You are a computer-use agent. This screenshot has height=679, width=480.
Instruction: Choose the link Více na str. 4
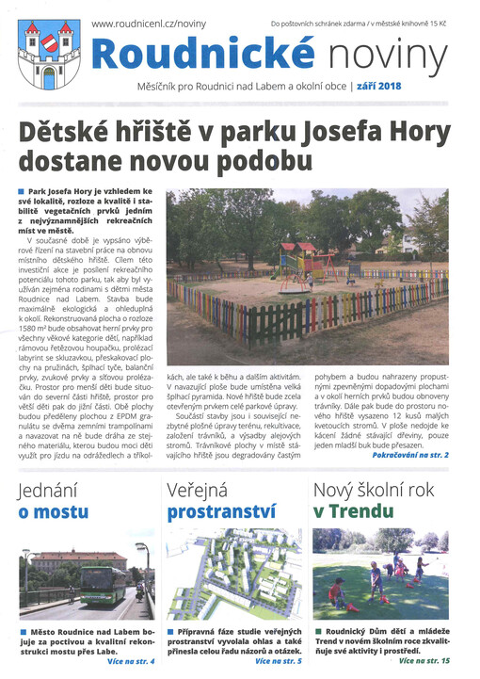point(132,661)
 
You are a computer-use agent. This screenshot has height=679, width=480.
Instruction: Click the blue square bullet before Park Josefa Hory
point(22,192)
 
